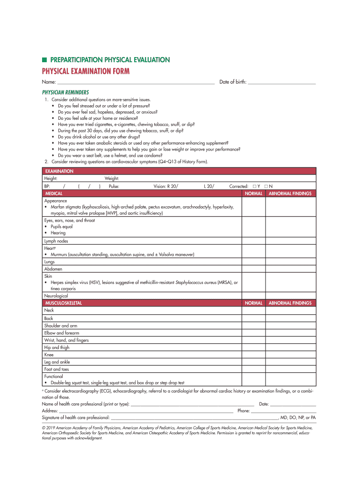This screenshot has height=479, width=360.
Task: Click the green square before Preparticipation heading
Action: (44, 60)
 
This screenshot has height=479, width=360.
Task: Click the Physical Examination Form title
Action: (86, 71)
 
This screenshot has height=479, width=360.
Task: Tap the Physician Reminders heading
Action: (65, 93)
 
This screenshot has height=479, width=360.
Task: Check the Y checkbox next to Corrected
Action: (254, 186)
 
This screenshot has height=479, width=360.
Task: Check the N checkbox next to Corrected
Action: (266, 186)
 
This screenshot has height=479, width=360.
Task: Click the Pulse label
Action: (114, 186)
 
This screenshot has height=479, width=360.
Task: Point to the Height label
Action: (51, 179)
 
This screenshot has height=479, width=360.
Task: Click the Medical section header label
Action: (54, 193)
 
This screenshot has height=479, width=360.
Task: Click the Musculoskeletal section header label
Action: (63, 303)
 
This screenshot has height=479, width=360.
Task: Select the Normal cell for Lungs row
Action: (253, 262)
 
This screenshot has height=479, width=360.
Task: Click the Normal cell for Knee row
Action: (253, 355)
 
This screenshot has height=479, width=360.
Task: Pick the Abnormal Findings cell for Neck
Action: (290, 310)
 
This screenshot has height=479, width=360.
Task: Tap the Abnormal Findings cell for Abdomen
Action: (290, 269)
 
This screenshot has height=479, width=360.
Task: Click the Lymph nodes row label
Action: (56, 241)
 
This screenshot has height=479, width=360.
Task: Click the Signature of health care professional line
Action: (194, 418)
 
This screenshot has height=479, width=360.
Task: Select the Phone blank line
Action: (284, 411)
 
